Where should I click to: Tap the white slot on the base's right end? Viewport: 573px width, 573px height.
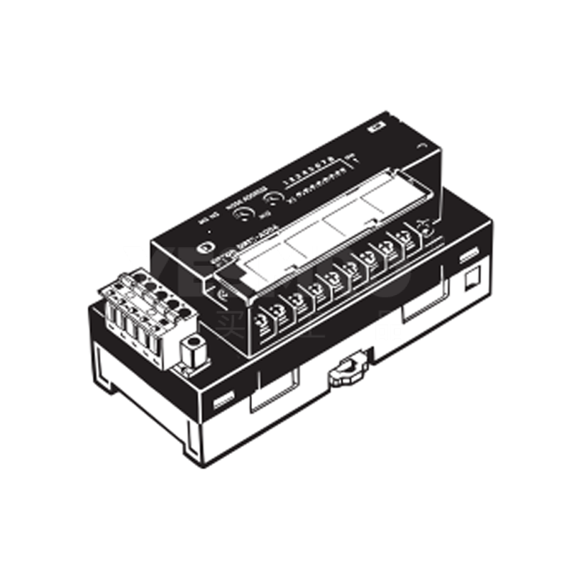(x=470, y=254)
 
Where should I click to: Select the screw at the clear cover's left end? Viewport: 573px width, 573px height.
(x=222, y=294)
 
